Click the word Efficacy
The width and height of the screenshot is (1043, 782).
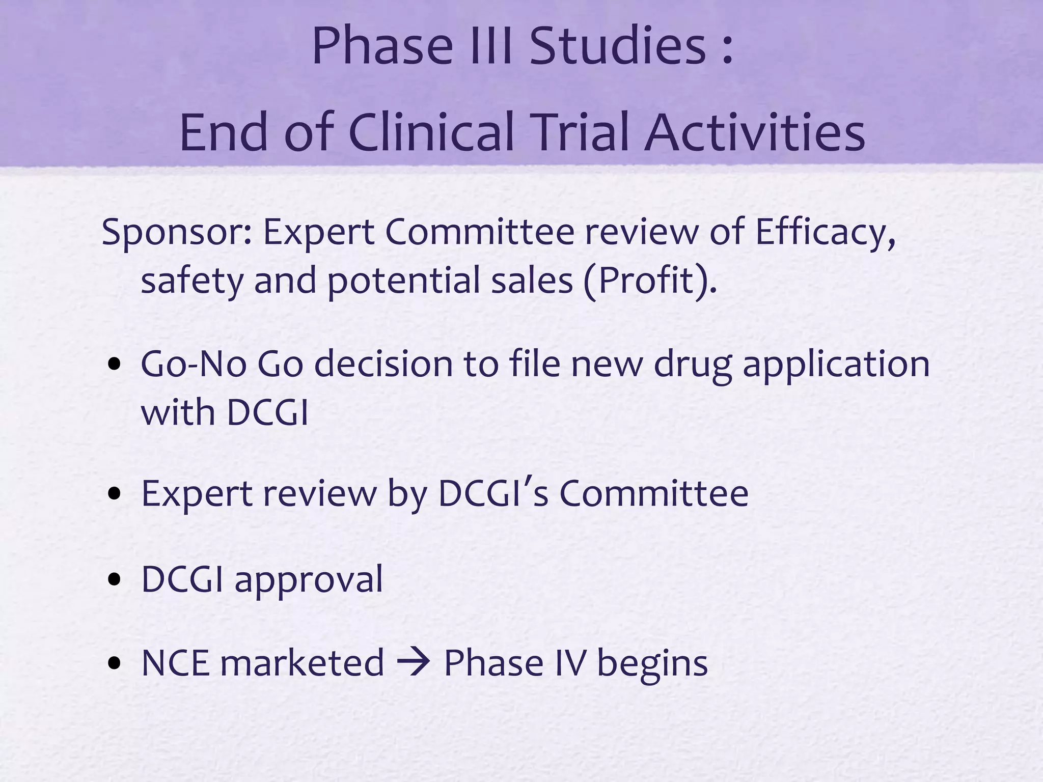[825, 232]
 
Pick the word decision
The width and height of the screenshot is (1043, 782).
[383, 365]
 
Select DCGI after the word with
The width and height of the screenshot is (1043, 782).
[267, 412]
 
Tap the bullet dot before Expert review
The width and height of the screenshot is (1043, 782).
[115, 493]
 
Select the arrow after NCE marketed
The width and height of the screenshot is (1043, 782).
[414, 663]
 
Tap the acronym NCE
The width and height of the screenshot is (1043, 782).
[176, 663]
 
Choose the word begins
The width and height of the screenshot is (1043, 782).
[652, 663]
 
